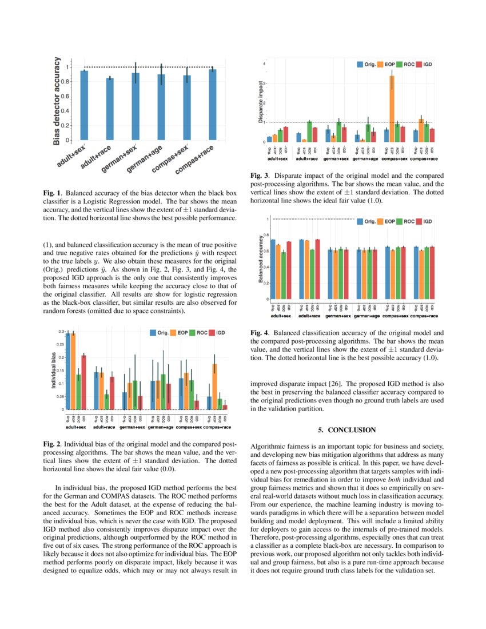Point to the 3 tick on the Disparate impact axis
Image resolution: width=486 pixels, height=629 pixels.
(x=264, y=83)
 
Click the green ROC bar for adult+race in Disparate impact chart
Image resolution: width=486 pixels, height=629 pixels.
(x=309, y=132)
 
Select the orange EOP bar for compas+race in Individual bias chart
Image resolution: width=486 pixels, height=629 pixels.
(x=214, y=387)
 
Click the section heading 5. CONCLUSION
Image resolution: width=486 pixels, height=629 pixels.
(x=344, y=429)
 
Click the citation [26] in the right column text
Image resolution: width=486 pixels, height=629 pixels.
(x=353, y=384)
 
